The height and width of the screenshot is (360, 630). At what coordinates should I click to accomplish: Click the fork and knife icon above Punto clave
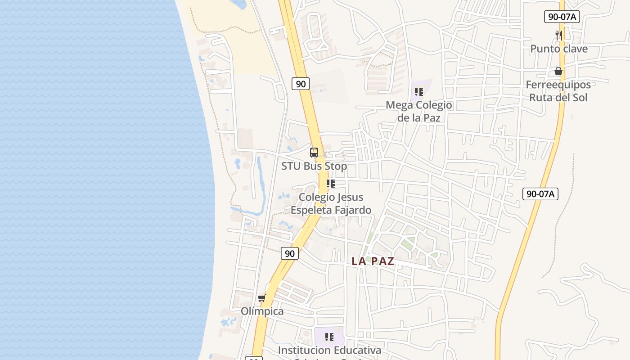coord(559,35)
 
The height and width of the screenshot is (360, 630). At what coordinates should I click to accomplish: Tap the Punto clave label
coord(559,49)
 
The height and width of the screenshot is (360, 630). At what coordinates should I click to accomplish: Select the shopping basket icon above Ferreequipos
coord(558,71)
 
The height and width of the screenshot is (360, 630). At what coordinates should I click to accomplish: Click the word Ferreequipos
coord(558,85)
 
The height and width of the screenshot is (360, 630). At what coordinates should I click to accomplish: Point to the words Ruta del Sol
coord(558,97)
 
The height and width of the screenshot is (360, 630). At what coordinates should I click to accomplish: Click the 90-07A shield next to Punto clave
coord(562,17)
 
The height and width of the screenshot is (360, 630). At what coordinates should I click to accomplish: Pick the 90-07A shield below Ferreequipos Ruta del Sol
coord(540,194)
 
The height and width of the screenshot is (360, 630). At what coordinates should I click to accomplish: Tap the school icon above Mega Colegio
coord(419,92)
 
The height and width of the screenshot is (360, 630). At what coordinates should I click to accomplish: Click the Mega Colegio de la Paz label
coord(419,111)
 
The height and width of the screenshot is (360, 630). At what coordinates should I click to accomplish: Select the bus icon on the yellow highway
coord(314,153)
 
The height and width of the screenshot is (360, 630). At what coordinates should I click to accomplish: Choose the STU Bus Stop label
coord(314,166)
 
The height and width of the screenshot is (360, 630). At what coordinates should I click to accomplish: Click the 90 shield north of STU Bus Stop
coord(301,83)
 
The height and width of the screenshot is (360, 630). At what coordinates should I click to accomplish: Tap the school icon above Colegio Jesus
coord(331,184)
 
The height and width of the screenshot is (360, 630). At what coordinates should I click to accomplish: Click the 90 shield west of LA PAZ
coord(290,253)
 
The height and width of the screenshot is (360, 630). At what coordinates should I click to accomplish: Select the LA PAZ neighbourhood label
coord(373,261)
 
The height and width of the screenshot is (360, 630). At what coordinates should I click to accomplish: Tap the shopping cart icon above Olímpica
coord(262,297)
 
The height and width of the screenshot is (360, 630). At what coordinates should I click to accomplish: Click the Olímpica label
coord(262,311)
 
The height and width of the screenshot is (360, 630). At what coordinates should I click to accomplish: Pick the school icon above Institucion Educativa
coord(329,337)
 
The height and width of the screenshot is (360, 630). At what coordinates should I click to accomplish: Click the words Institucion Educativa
coord(329,350)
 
